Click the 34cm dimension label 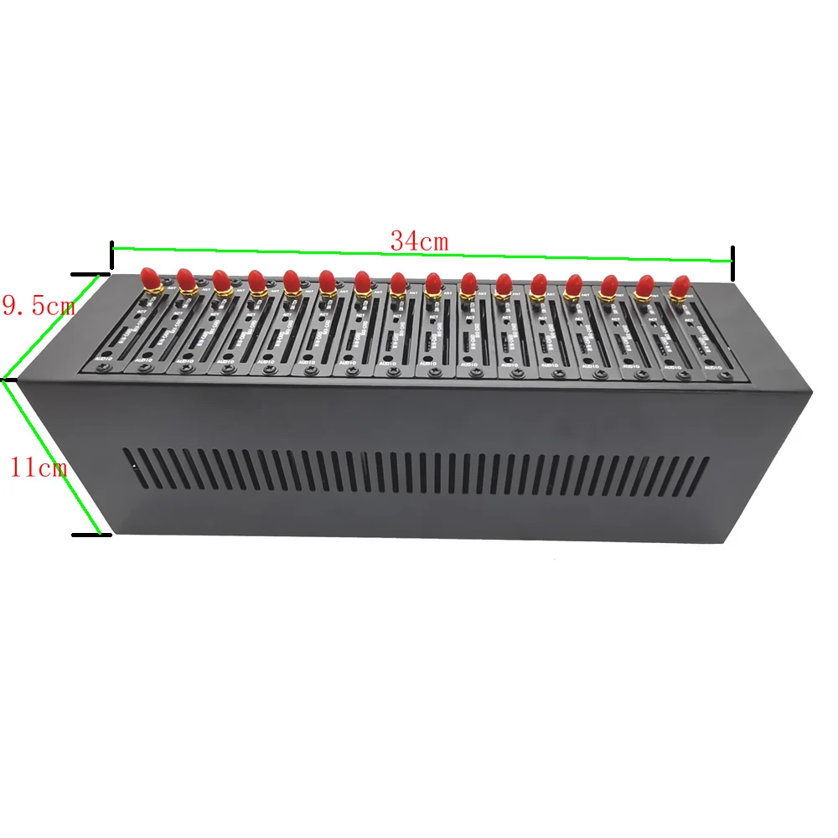point(419,241)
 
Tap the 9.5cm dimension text point(38,306)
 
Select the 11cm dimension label point(38,467)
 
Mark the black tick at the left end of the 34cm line point(111,251)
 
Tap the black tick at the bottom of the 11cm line point(91,534)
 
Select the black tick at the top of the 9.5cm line point(91,273)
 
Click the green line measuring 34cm point(419,254)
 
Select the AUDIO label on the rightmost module point(714,367)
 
